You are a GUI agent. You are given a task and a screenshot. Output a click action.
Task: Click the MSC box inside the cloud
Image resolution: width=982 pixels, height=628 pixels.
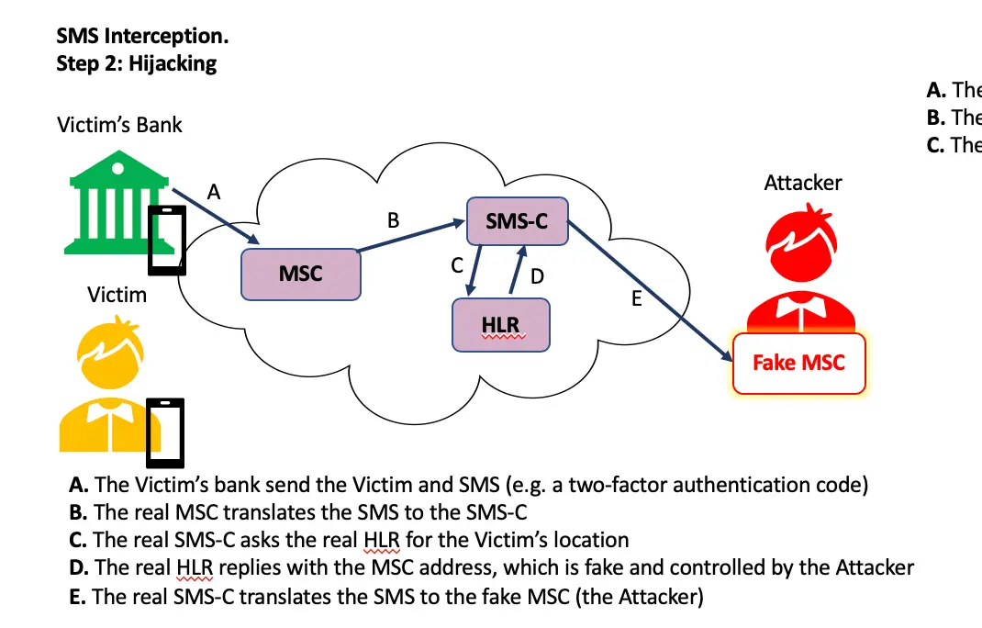coord(300,274)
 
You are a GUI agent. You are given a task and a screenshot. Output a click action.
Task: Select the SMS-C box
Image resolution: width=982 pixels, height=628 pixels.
coord(517,221)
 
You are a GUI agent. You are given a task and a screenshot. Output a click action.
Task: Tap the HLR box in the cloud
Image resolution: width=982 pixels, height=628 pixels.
coord(500,326)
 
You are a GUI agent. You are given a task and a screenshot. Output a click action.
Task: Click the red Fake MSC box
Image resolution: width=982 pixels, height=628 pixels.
coord(798,363)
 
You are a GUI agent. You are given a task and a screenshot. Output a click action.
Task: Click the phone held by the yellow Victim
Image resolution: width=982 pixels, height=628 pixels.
coord(166,432)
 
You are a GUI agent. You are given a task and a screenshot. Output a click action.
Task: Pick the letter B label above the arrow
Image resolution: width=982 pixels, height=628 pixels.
coord(394,220)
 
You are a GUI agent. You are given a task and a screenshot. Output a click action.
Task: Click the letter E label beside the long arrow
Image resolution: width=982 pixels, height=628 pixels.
coord(636,299)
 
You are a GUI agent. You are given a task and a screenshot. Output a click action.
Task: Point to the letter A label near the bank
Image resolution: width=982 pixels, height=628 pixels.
coord(215,191)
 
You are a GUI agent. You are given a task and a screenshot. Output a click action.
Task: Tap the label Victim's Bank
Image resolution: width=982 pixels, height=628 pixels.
coord(119,125)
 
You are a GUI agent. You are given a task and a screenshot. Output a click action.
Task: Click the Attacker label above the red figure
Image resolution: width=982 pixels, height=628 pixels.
coord(802,183)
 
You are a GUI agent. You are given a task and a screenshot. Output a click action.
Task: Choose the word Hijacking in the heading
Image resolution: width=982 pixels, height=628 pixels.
coord(173,63)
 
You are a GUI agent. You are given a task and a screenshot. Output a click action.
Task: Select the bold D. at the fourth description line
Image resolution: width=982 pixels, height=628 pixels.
coord(78,567)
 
